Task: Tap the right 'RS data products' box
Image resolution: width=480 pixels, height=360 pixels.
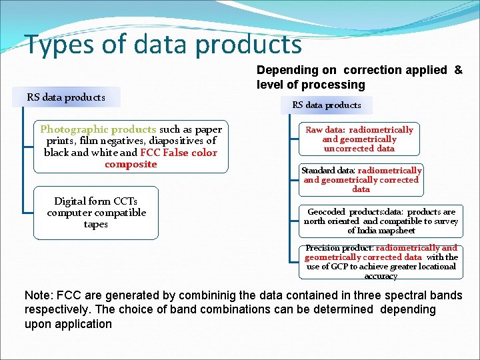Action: point(327,105)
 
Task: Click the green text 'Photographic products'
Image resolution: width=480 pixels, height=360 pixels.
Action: point(98,129)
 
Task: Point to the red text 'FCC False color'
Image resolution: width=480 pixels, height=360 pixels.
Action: point(179,153)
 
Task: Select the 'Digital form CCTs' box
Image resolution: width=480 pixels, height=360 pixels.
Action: point(96,213)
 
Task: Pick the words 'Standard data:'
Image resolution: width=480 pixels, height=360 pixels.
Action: point(328,171)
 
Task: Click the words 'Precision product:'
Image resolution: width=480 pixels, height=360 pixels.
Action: point(339,248)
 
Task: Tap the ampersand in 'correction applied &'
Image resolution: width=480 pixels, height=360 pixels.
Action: point(458,70)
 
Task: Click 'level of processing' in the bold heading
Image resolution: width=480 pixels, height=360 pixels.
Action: point(311,85)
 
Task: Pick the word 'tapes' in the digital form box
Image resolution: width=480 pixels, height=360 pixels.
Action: point(96,225)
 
